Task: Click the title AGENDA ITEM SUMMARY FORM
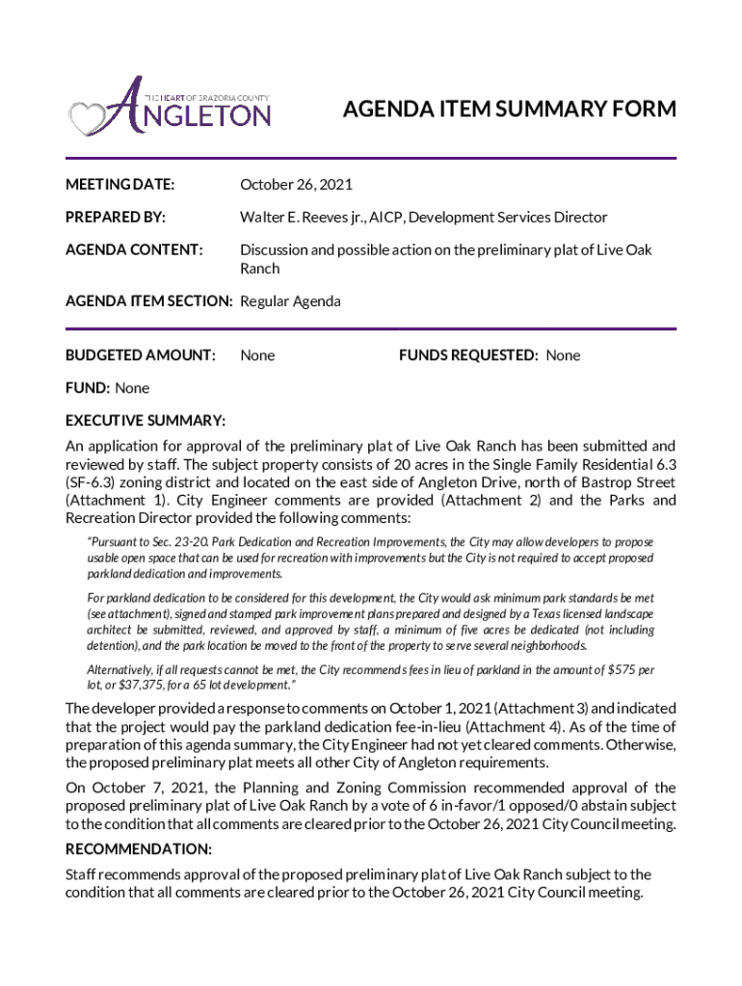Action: (x=510, y=110)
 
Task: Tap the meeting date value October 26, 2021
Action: (x=296, y=184)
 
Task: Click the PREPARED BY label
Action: (x=115, y=218)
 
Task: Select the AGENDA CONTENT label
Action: (x=134, y=250)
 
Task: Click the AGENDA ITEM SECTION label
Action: (x=148, y=301)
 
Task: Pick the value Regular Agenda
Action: (x=290, y=301)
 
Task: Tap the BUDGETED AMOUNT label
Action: (x=140, y=355)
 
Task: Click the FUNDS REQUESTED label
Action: (x=468, y=355)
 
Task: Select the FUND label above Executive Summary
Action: (x=87, y=388)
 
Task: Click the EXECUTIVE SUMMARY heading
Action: (x=146, y=421)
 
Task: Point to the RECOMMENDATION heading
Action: (x=138, y=849)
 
